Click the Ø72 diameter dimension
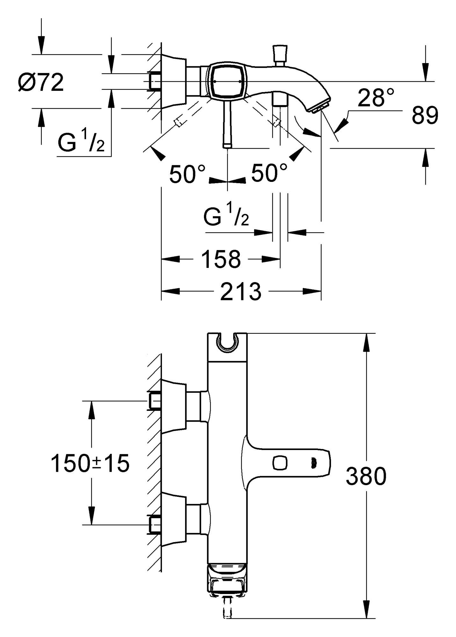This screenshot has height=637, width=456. click(x=41, y=82)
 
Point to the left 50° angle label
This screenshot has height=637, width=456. click(x=187, y=174)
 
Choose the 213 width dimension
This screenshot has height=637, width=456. click(x=241, y=291)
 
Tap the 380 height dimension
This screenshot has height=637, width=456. click(x=366, y=476)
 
